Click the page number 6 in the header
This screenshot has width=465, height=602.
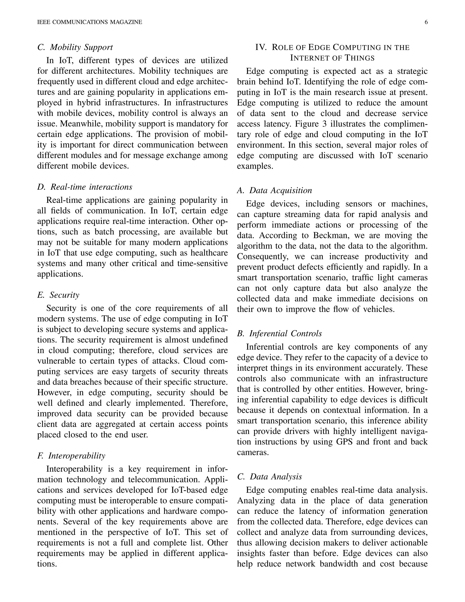(426, 22)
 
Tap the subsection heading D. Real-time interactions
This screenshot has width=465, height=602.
(84, 187)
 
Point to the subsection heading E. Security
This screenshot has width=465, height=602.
(58, 295)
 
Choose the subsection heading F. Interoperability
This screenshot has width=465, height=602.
(71, 456)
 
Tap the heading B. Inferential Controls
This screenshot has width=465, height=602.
(279, 333)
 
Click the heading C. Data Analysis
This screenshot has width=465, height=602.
(270, 477)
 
